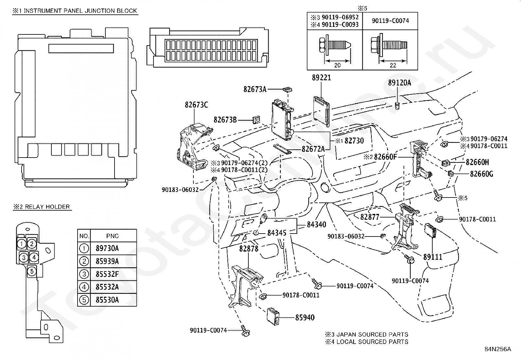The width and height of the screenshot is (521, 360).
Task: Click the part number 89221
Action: (x=321, y=78)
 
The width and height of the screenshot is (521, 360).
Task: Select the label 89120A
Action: (x=400, y=83)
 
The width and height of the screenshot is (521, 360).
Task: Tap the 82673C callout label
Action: (x=196, y=105)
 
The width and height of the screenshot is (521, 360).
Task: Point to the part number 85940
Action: (x=305, y=317)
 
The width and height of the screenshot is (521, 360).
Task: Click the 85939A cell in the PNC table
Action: (x=107, y=261)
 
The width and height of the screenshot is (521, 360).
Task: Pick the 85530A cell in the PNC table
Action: (x=107, y=300)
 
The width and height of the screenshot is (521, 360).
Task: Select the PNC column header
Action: (x=113, y=236)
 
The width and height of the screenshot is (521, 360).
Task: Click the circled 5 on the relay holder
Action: (x=32, y=271)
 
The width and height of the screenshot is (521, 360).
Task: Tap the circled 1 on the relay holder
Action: (x=22, y=244)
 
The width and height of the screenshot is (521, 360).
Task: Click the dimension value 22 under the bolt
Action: (x=393, y=66)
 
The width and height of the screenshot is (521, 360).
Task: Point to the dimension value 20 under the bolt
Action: (x=337, y=66)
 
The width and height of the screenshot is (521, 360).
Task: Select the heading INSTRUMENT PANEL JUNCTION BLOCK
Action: (x=80, y=11)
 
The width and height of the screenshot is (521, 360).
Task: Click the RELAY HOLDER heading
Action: (x=47, y=207)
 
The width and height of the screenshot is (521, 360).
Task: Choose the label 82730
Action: (x=354, y=141)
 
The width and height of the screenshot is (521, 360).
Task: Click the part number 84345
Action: (x=277, y=233)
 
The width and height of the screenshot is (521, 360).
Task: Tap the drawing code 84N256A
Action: (x=498, y=349)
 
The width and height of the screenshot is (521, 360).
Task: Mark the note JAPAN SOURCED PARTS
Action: (x=372, y=335)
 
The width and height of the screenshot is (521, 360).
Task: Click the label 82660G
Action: (x=481, y=174)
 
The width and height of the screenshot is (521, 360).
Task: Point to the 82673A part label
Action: (x=255, y=89)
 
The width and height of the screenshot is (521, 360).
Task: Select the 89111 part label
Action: (x=433, y=257)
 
